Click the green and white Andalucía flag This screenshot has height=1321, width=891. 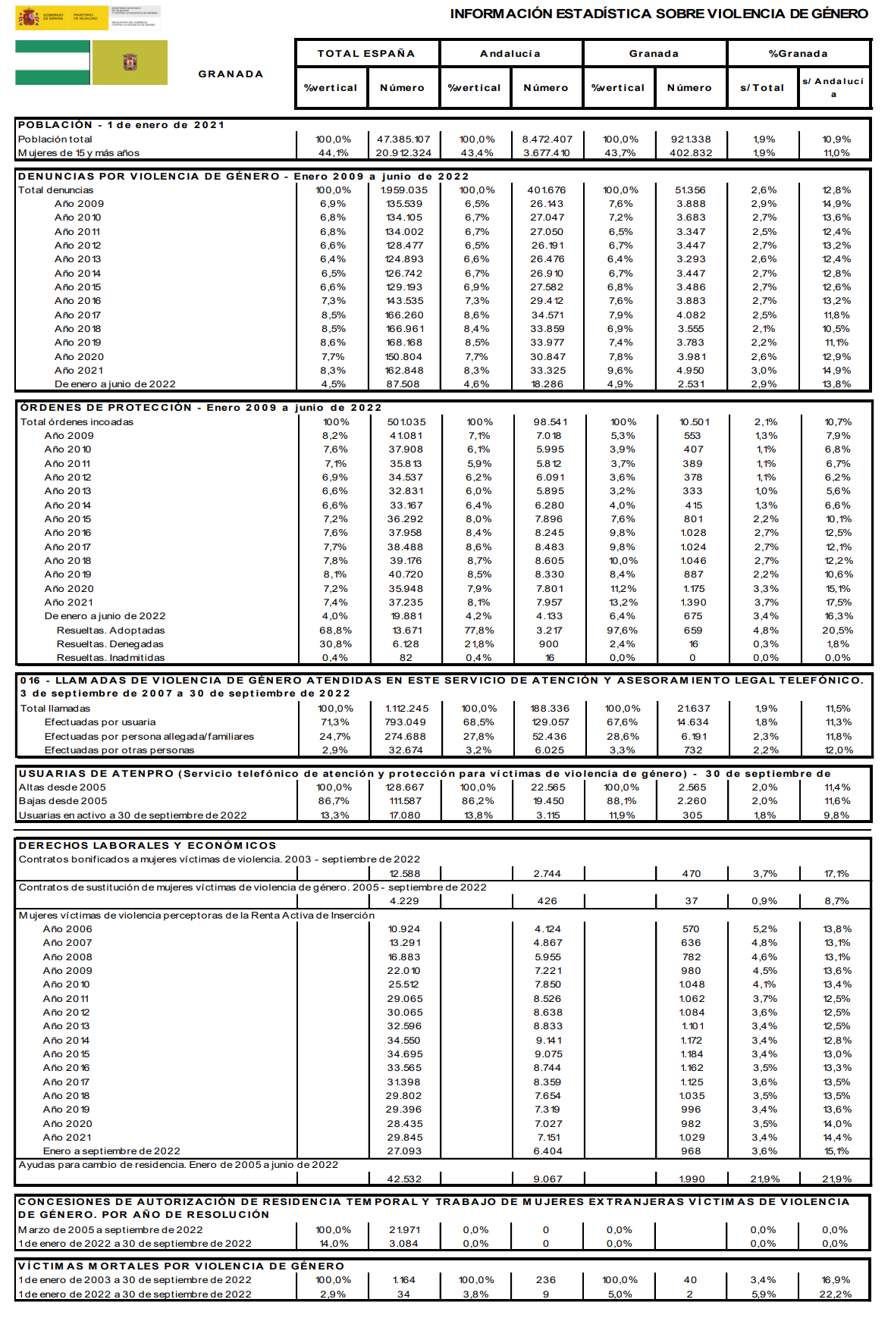(x=52, y=63)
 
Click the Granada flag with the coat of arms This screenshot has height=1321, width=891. (x=130, y=63)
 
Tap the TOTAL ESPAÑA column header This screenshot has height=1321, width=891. (x=366, y=54)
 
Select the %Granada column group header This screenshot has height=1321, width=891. (x=798, y=54)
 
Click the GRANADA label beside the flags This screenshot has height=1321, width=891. (x=231, y=74)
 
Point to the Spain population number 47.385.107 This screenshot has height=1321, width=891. (x=403, y=139)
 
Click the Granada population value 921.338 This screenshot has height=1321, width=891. (x=691, y=139)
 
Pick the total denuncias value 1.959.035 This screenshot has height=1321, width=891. (x=404, y=190)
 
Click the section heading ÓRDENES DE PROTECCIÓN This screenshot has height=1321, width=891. (x=106, y=408)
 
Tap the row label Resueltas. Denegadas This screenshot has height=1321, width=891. (x=110, y=644)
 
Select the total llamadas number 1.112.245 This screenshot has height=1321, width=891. (x=406, y=709)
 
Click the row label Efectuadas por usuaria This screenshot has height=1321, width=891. (x=100, y=722)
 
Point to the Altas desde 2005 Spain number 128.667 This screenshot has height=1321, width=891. (x=405, y=787)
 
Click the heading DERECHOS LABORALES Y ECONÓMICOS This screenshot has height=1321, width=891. (x=148, y=846)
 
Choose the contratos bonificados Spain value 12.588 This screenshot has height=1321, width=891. (x=405, y=874)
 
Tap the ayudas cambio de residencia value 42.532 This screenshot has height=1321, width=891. (x=405, y=1179)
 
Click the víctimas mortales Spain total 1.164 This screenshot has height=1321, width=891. (x=404, y=1280)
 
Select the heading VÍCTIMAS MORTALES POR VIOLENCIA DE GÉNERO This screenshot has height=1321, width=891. (x=181, y=1266)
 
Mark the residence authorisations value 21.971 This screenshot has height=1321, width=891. (x=405, y=1230)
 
